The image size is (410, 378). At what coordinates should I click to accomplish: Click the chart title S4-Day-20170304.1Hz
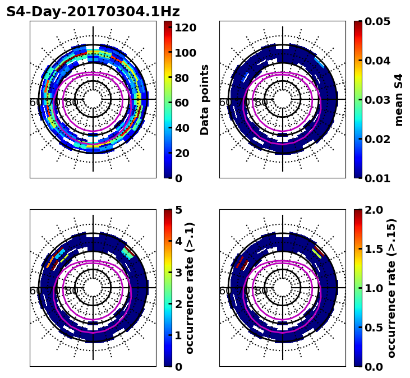point(93,12)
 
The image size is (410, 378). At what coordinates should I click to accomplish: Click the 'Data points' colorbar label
point(205,100)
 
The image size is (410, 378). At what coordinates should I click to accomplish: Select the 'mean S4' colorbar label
point(399,100)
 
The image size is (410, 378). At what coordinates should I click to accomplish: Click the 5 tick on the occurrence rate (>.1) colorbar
point(179,210)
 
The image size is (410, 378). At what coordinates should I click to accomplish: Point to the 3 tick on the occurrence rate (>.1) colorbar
point(179,273)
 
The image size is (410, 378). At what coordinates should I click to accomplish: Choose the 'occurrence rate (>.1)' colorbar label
point(190,288)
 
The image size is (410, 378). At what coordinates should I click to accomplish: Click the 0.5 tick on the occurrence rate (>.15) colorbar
point(373,328)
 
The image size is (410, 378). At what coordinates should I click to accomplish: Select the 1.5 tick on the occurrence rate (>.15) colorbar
point(373,249)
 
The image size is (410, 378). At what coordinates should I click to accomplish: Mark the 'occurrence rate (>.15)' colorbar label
point(391,288)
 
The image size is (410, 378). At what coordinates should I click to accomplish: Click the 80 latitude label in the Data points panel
point(72,103)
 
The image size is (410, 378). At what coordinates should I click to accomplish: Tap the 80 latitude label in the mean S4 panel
point(261,103)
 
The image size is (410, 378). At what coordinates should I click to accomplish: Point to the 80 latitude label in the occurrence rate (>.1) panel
point(72,291)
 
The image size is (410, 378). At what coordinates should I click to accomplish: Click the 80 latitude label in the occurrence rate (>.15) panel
point(261,291)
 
